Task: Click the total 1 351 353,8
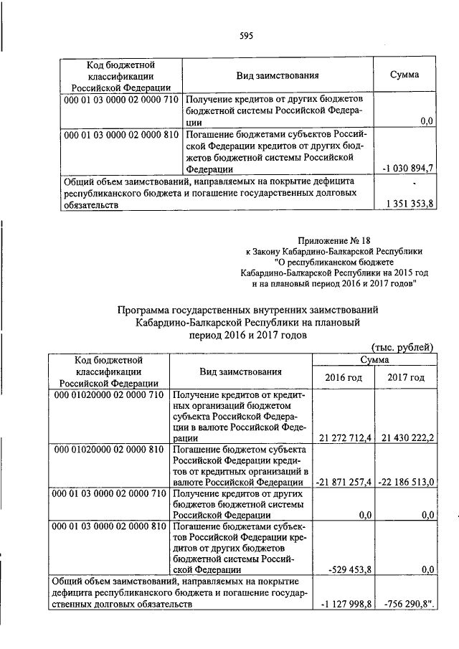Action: click(x=407, y=204)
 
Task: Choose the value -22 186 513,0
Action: click(x=407, y=482)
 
